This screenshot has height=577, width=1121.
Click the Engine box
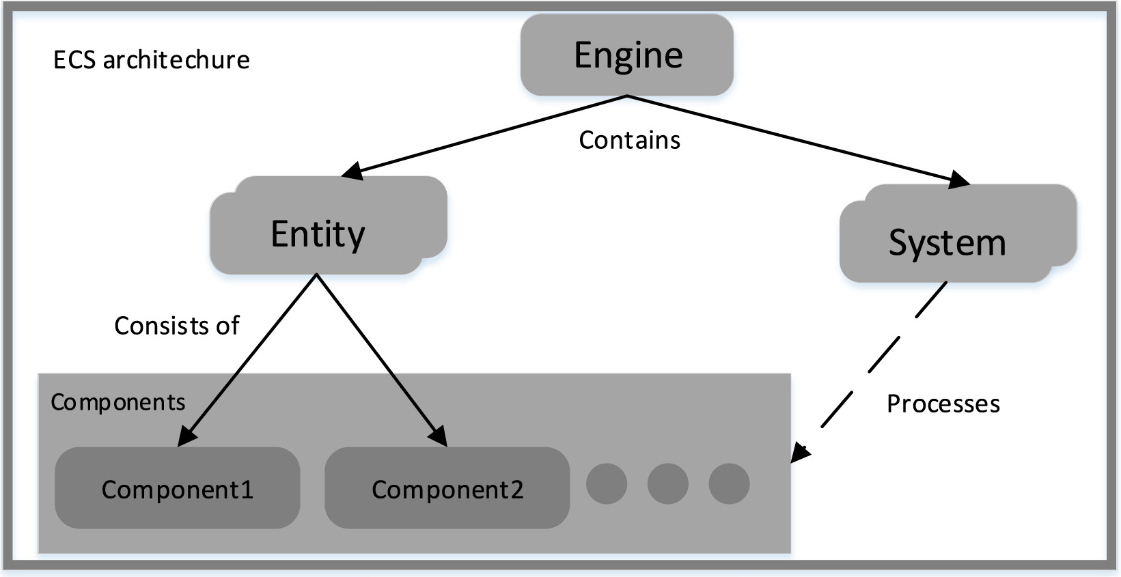click(626, 55)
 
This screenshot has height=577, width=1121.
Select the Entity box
click(318, 234)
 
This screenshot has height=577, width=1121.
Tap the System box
click(947, 242)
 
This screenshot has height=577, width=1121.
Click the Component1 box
click(177, 488)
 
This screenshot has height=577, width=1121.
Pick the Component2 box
click(447, 488)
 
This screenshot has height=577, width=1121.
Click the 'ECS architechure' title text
click(152, 60)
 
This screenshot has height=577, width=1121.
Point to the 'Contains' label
click(629, 140)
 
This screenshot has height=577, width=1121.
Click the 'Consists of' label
click(176, 326)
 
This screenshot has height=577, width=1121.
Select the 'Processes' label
click(943, 404)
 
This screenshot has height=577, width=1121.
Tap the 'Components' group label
click(118, 402)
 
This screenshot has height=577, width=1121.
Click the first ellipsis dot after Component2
click(607, 483)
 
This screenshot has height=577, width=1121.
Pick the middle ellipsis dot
click(667, 483)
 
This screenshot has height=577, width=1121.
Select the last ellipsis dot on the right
click(729, 483)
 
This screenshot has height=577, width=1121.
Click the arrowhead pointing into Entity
click(352, 171)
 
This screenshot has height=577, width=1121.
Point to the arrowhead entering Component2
click(439, 436)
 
